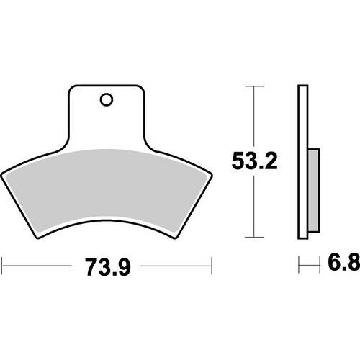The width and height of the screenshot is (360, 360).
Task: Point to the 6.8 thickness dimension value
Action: click(341, 264)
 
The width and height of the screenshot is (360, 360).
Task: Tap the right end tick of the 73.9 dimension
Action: click(212, 264)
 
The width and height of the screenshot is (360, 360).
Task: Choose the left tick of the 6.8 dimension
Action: click(298, 264)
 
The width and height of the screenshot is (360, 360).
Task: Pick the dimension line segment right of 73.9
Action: click(176, 264)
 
